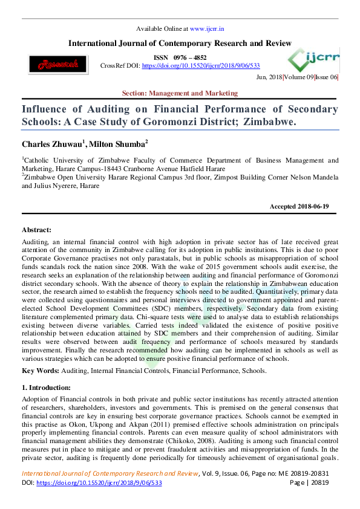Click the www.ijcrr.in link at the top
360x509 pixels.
coord(207,28)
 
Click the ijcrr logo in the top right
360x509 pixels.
coord(314,59)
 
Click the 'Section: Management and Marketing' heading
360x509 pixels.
coord(180,93)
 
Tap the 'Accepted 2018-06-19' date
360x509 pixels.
coord(299,207)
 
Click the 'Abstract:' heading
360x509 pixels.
coord(36,230)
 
